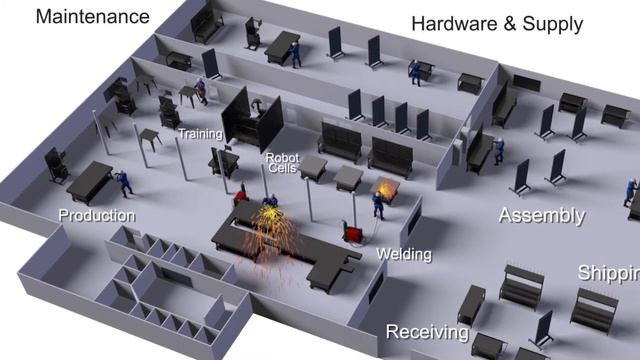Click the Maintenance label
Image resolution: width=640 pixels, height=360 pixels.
click(x=92, y=16)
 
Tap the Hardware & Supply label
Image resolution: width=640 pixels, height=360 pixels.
click(x=496, y=24)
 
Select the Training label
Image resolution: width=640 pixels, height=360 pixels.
click(x=200, y=134)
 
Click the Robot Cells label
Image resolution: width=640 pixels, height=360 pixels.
click(x=281, y=163)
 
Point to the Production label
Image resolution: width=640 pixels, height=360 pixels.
click(x=96, y=215)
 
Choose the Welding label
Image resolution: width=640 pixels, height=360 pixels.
click(x=404, y=254)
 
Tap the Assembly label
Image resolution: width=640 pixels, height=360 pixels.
click(x=541, y=215)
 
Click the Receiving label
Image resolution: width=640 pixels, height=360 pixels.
click(x=427, y=331)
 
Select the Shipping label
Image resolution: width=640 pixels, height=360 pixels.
click(x=608, y=273)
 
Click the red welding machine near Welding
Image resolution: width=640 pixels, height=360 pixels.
click(x=353, y=233)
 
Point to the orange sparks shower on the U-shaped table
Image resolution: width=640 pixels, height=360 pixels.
click(x=267, y=240)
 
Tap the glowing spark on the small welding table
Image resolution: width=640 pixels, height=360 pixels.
click(x=386, y=187)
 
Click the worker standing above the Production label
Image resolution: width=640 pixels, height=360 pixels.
click(x=126, y=183)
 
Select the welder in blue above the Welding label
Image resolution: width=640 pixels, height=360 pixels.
click(x=378, y=204)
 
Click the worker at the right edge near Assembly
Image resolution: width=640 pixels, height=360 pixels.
click(x=630, y=192)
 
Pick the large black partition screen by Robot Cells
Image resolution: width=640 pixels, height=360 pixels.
click(x=240, y=118)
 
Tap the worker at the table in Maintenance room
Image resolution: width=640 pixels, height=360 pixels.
click(x=295, y=53)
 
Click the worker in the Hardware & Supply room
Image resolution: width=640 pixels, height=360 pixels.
click(x=415, y=72)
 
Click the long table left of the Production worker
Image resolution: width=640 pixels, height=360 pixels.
click(x=88, y=182)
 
